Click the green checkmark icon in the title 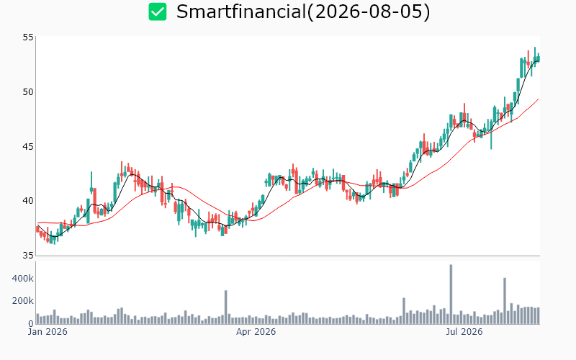tap(158, 12)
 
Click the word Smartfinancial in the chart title tap(241, 12)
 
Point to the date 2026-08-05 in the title tap(368, 12)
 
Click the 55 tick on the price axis tap(28, 37)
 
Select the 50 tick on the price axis tap(28, 92)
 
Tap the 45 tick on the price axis tap(28, 147)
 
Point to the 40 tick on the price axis tap(28, 201)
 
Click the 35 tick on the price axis tap(28, 256)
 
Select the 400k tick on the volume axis tap(23, 279)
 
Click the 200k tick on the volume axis tap(23, 301)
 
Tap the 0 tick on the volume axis tap(31, 323)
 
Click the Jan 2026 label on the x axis tap(48, 332)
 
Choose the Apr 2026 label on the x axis tap(256, 332)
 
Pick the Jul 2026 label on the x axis tap(464, 332)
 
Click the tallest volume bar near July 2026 tap(451, 294)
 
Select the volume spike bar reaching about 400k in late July tap(505, 301)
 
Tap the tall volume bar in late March tap(225, 307)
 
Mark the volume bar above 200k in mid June tap(404, 311)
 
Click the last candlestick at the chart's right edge tap(539, 58)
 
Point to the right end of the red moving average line tap(538, 99)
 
